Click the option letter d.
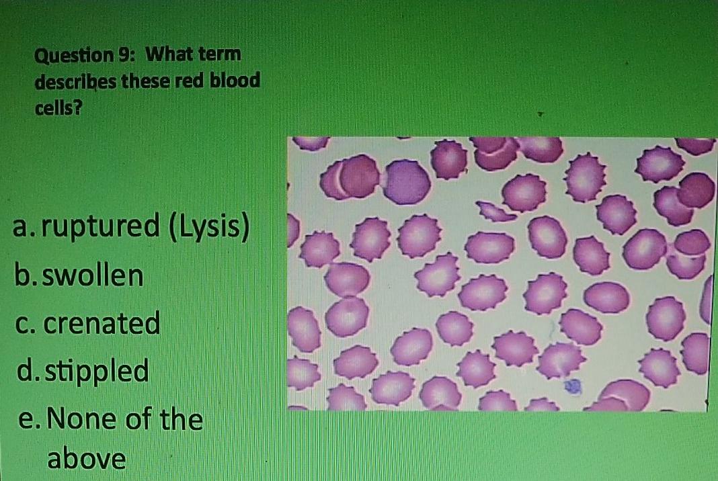(21, 370)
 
